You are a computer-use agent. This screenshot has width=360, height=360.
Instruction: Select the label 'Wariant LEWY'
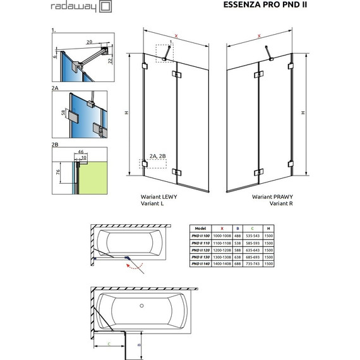(x=159, y=197)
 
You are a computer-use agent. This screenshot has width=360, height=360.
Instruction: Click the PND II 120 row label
(x=201, y=249)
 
